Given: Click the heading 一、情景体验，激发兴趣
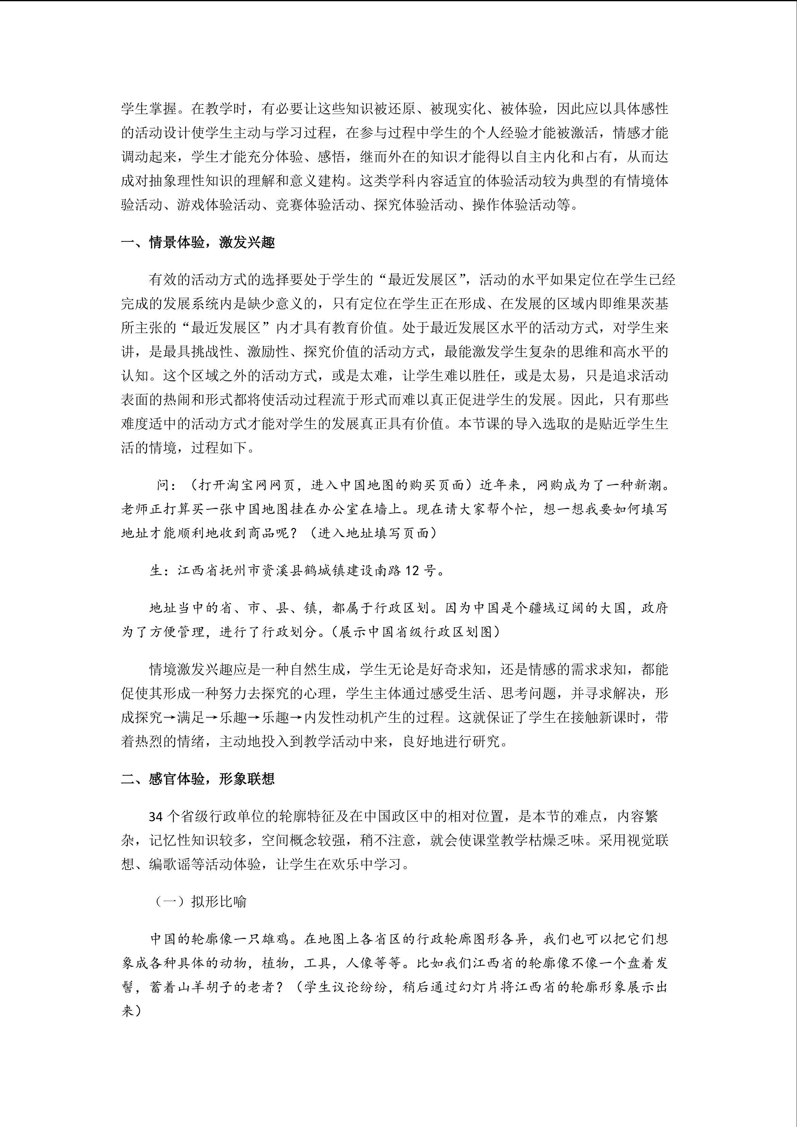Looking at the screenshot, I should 198,242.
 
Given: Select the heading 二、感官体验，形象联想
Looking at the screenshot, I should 198,779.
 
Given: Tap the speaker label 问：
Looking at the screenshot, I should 166,485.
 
